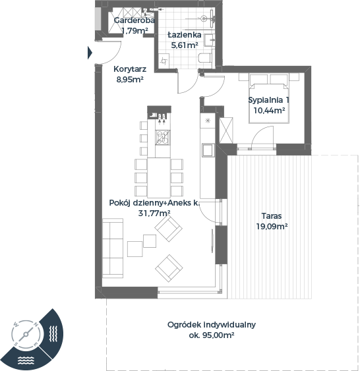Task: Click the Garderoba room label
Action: (x=135, y=20)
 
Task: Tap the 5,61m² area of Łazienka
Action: (x=185, y=45)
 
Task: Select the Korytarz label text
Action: (x=130, y=69)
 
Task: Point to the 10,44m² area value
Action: (x=269, y=110)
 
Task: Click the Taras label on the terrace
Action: (x=272, y=215)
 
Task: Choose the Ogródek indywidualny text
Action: (x=212, y=325)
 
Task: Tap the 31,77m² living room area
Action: (x=154, y=214)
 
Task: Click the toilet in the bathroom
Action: (x=205, y=58)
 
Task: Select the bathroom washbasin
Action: (x=210, y=40)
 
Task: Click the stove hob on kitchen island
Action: (x=163, y=137)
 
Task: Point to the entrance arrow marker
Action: (x=90, y=53)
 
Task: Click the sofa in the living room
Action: (x=113, y=248)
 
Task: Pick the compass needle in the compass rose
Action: (x=26, y=334)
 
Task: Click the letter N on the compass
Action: (x=36, y=324)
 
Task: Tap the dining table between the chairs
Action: (x=159, y=178)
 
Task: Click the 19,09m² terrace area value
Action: (x=272, y=227)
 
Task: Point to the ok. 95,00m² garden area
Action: (x=212, y=335)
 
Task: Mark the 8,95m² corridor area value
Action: (x=130, y=80)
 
